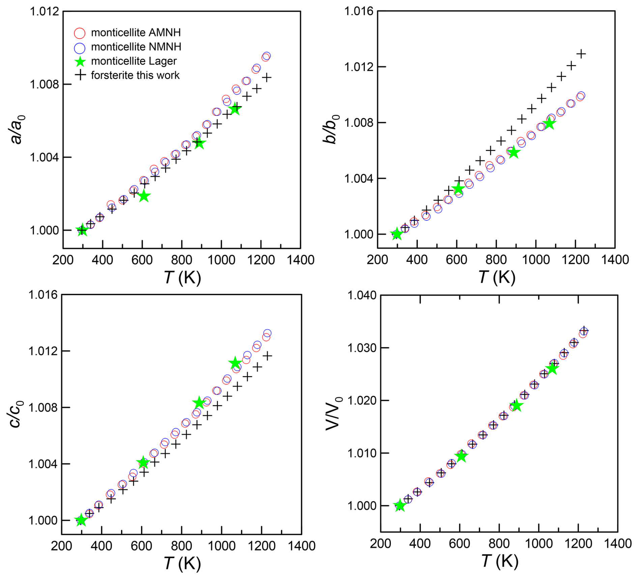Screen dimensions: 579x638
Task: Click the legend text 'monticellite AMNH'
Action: (136, 33)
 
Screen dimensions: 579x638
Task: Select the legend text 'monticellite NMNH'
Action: (136, 47)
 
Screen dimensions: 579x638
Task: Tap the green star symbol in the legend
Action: (80, 61)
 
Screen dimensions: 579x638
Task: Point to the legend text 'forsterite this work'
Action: (135, 75)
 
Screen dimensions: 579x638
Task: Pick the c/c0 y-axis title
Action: (16, 414)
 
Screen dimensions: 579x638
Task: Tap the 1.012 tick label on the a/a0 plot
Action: (44, 11)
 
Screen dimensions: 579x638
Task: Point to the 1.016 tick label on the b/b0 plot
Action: (358, 11)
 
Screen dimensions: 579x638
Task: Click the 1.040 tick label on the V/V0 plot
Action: (362, 296)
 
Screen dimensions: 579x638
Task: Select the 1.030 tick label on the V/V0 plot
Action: (362, 348)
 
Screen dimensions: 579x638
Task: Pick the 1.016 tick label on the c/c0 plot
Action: (43, 295)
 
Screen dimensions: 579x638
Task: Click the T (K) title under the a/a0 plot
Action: (182, 278)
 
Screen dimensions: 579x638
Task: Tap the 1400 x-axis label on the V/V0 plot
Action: (618, 544)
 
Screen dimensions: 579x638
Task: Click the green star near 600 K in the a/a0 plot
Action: (144, 196)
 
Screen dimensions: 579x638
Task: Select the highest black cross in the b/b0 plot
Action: (581, 54)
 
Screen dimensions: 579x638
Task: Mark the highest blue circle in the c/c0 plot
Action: (267, 333)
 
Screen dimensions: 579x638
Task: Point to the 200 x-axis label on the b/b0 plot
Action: (377, 260)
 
